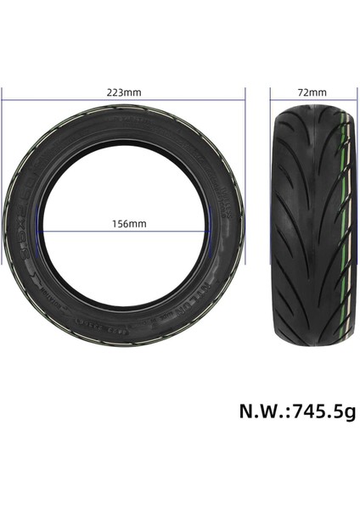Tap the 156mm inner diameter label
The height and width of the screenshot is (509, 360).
pyautogui.click(x=123, y=224)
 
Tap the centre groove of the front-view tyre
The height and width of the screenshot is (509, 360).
pyautogui.click(x=310, y=221)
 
